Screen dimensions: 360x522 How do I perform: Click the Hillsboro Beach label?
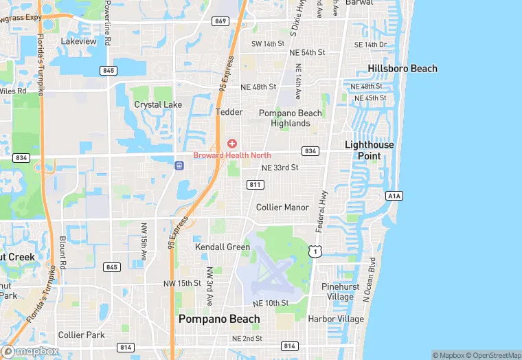pos(402,69)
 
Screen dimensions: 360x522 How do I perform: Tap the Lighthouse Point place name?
pos(370,150)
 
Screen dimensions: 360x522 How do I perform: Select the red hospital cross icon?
pos(233,143)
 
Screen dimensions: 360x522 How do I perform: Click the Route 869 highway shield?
pos(220,21)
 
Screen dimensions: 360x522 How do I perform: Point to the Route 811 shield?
pos(256,184)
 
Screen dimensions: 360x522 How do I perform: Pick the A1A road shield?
pos(394,196)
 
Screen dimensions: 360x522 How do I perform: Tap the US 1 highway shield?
pos(315,252)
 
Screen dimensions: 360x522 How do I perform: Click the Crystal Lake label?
pos(158,105)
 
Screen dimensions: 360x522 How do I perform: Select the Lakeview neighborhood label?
pos(79,41)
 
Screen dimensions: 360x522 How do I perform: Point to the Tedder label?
pos(229,111)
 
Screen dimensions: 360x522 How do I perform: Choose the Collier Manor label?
pos(282,207)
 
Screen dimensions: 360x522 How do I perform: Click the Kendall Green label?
pos(223,247)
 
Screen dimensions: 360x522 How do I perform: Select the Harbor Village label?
pos(337,319)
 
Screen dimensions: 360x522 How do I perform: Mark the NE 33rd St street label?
pos(280,168)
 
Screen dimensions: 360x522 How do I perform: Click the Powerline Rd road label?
pos(108,23)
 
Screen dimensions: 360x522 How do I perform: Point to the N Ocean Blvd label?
pos(370,280)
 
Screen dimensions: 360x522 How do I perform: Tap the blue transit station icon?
pos(179,165)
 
